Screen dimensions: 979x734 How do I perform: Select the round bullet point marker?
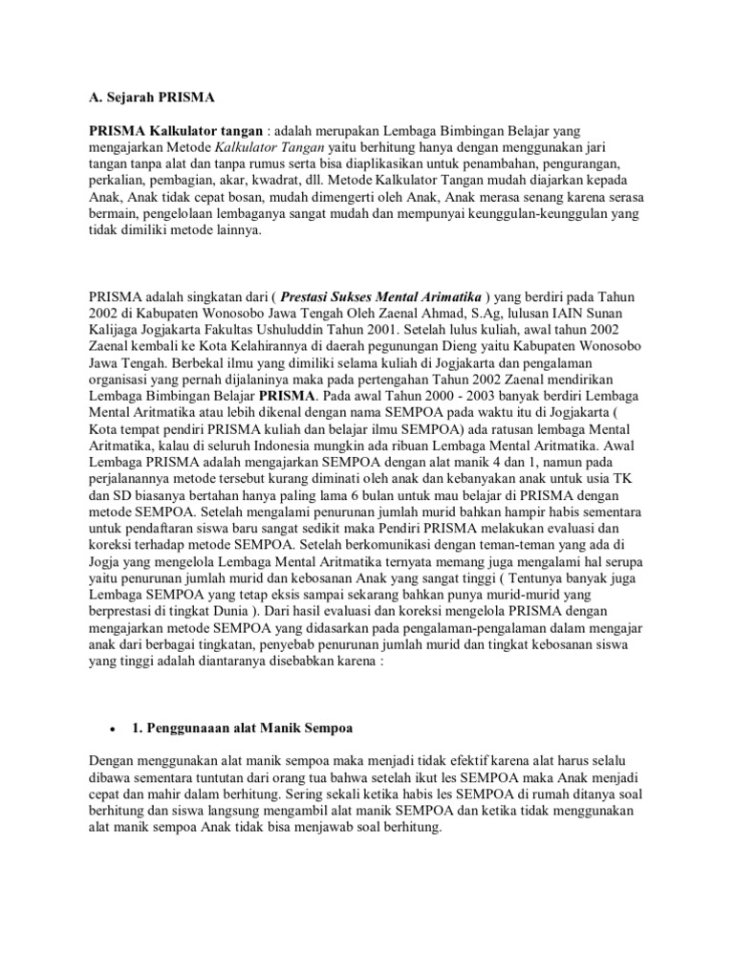[x=113, y=729]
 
